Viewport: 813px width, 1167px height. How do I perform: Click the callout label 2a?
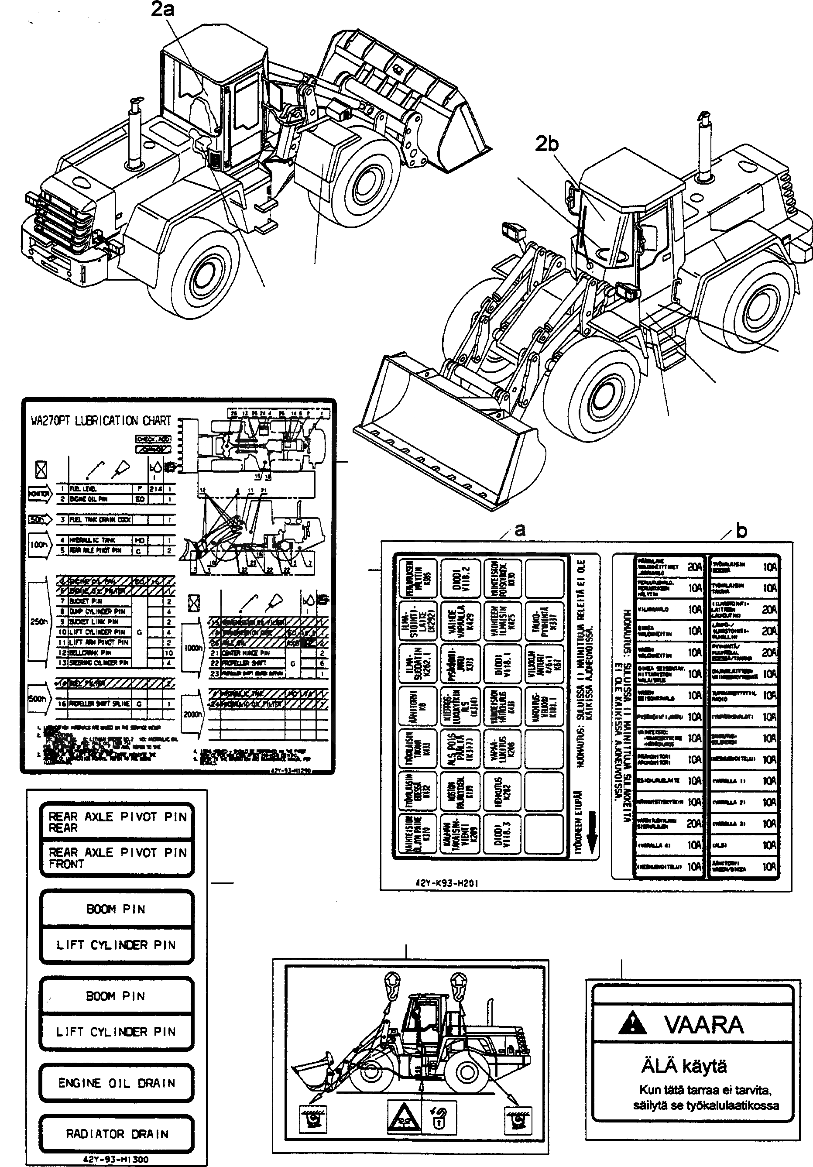(x=163, y=10)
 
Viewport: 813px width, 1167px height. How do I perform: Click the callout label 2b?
(x=547, y=145)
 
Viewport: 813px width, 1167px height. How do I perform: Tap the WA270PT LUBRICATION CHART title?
(x=101, y=421)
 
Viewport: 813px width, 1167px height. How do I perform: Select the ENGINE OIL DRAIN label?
(x=117, y=1083)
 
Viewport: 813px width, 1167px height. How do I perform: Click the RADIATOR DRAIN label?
(x=117, y=1134)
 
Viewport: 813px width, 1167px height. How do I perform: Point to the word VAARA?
(x=704, y=1025)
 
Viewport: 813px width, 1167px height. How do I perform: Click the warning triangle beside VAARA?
(x=633, y=1023)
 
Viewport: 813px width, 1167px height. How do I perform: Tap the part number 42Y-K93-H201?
(x=447, y=883)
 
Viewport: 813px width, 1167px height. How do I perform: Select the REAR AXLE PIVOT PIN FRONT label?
(x=117, y=858)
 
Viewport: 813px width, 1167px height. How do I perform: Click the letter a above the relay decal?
(x=519, y=530)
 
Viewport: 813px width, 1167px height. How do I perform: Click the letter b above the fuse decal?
(x=741, y=531)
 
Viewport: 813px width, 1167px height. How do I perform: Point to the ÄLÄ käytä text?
(x=684, y=1065)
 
